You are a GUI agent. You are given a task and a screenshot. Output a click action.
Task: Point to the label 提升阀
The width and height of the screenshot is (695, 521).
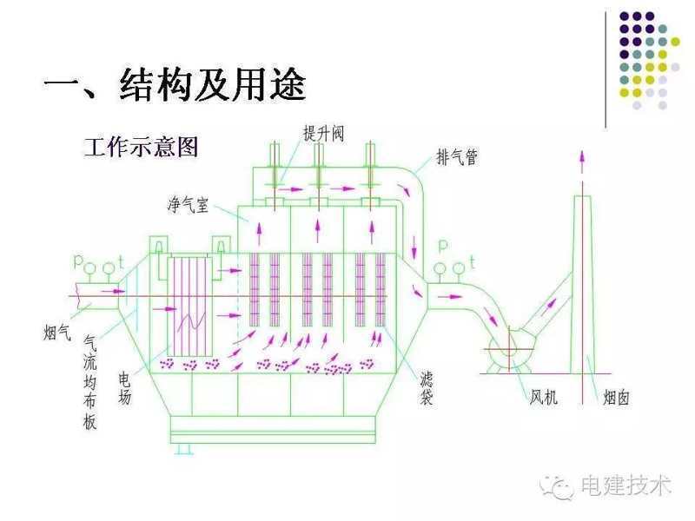(323, 133)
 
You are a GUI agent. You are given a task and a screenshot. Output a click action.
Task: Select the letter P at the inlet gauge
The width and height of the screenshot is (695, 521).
(79, 260)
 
